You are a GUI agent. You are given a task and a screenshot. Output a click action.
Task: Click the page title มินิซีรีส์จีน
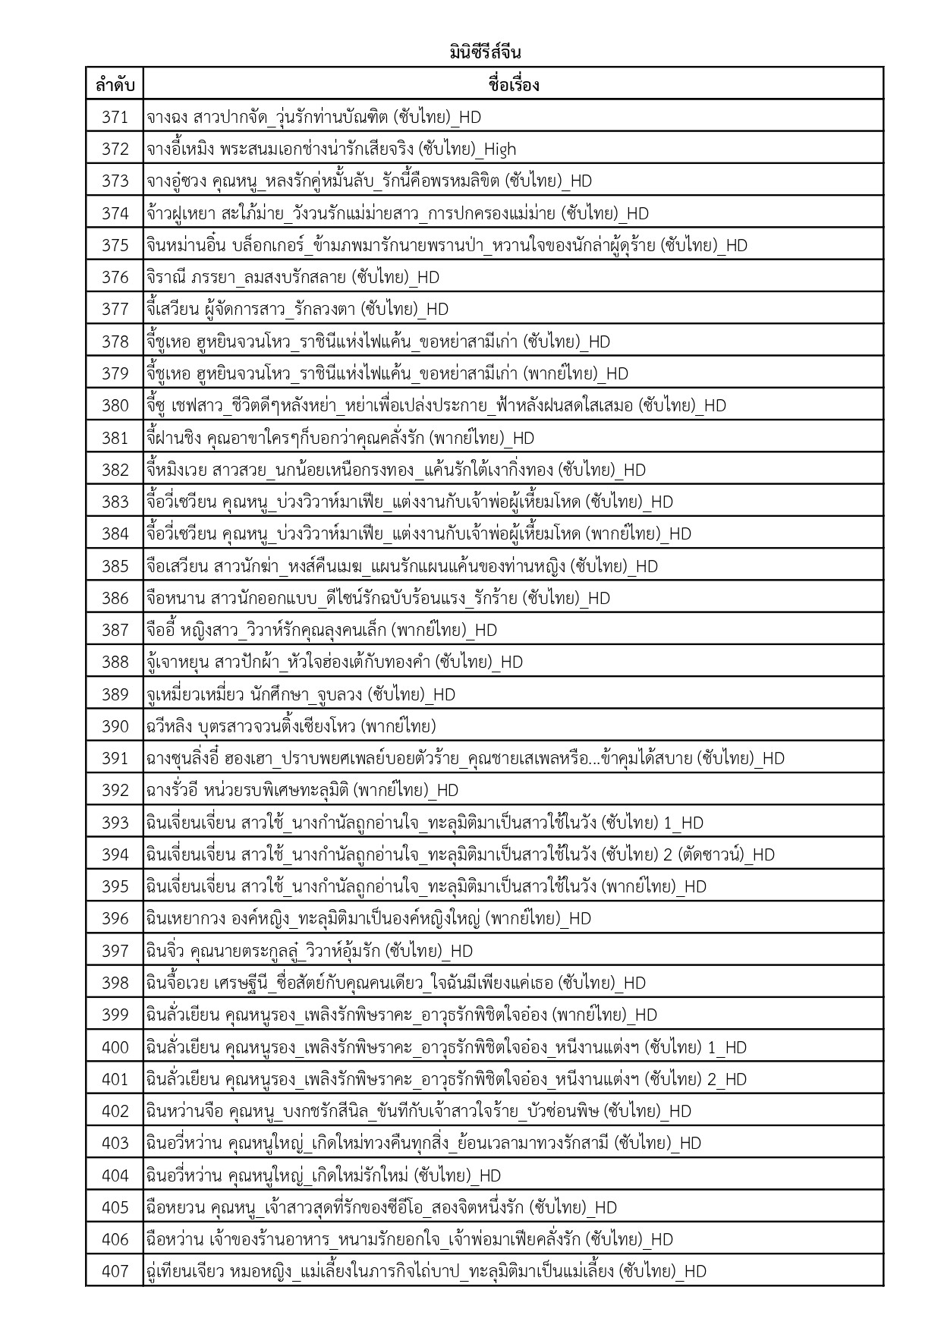484,53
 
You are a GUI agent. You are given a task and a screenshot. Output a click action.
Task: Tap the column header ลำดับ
115,85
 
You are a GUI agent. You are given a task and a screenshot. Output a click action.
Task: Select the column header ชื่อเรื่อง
513,85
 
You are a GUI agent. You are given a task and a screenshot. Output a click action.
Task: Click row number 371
115,117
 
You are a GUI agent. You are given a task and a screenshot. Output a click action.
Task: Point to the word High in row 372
499,149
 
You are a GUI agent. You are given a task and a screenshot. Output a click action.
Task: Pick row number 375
115,245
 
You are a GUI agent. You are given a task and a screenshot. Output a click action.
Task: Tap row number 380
115,405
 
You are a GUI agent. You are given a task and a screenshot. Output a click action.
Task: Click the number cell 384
115,533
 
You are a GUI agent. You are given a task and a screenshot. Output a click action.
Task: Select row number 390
115,726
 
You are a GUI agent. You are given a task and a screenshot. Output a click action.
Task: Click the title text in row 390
291,726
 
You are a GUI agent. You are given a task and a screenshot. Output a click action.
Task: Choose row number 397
115,951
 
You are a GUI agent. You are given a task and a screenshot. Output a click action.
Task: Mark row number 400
115,1047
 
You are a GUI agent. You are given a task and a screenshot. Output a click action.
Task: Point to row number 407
115,1271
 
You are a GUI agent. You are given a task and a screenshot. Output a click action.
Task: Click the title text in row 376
292,277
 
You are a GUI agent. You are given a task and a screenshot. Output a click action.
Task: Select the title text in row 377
297,309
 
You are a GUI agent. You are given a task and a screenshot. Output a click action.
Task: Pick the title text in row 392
302,790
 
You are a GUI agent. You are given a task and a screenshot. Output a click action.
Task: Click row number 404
115,1175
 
